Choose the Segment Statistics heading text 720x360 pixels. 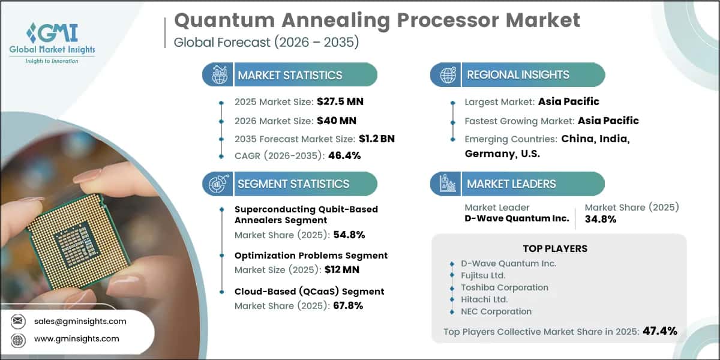(x=293, y=184)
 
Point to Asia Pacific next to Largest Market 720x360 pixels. (x=568, y=101)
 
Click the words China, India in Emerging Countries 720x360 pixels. (x=595, y=139)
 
